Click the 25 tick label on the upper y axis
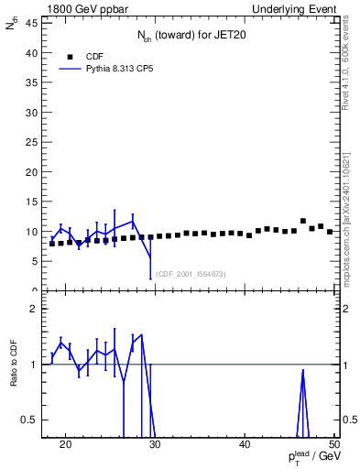tap(32, 142)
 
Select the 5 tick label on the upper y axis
tap(35, 261)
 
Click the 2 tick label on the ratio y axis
tap(35, 309)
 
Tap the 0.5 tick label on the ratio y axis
tap(30, 420)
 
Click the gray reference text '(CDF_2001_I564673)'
tap(191, 274)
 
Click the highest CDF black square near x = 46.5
tap(303, 221)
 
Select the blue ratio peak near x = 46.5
tap(303, 371)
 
